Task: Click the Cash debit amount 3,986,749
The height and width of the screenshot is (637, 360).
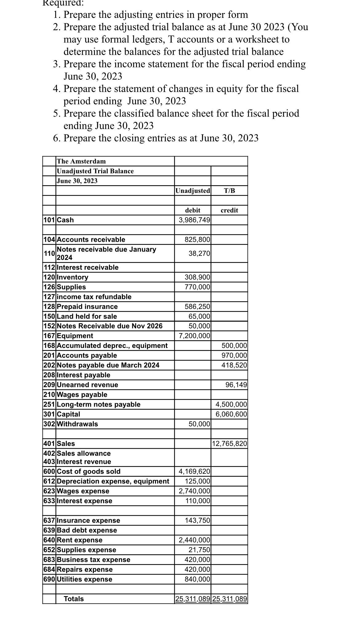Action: click(x=194, y=220)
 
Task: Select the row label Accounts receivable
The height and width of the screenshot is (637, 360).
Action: click(x=91, y=240)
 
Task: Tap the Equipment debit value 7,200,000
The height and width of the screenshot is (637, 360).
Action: click(x=194, y=336)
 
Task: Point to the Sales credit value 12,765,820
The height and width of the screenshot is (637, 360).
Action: click(x=230, y=444)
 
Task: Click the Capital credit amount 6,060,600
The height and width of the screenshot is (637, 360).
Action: click(x=231, y=414)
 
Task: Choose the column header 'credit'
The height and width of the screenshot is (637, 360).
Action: click(x=229, y=210)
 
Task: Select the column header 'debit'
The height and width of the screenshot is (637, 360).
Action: click(x=193, y=210)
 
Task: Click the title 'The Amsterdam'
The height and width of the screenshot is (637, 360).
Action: click(x=81, y=161)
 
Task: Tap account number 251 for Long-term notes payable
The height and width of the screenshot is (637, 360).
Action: click(x=49, y=404)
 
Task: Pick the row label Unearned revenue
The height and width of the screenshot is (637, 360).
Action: click(x=88, y=385)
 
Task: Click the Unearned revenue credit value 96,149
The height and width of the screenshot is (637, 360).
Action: click(x=236, y=385)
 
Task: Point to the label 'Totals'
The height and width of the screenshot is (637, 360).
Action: click(x=74, y=599)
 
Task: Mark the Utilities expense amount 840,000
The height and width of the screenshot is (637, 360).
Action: click(x=197, y=579)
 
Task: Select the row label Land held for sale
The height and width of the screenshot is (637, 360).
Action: click(x=87, y=316)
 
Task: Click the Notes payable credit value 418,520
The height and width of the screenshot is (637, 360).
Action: click(x=234, y=365)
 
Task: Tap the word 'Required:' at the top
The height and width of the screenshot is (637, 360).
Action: click(x=63, y=3)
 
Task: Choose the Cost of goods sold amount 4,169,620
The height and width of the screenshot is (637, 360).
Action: click(x=194, y=471)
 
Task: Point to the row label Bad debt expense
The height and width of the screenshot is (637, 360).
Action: click(x=87, y=530)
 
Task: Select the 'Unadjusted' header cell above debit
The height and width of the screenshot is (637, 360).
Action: click(x=193, y=191)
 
